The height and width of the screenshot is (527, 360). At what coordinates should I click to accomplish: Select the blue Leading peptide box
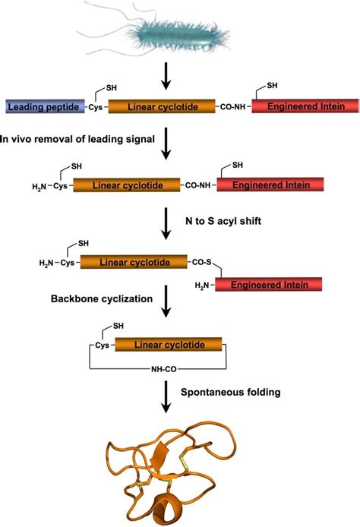pyautogui.click(x=43, y=107)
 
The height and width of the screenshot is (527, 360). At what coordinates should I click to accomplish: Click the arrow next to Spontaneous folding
pyautogui.click(x=165, y=398)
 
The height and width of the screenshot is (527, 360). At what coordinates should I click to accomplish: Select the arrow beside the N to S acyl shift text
pyautogui.click(x=165, y=222)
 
